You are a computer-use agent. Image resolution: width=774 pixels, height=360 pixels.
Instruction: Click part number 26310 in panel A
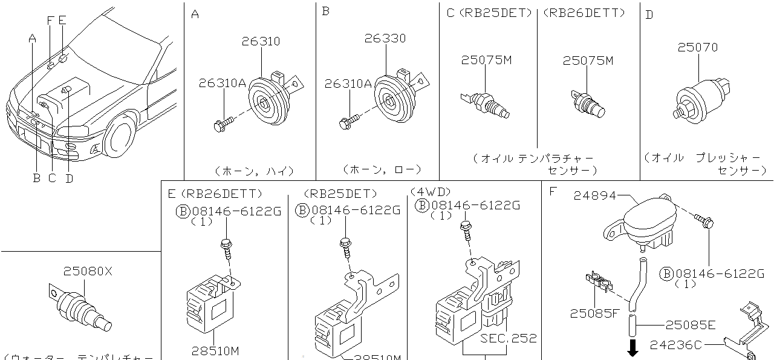click(x=261, y=42)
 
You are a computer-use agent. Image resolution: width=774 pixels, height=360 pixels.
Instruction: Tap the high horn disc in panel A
click(x=267, y=103)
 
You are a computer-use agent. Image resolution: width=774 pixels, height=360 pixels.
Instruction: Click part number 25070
click(x=697, y=47)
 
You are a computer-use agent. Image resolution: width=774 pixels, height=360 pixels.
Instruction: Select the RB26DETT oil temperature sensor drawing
click(x=588, y=103)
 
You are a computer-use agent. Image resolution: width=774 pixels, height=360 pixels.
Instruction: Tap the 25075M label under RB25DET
click(x=486, y=61)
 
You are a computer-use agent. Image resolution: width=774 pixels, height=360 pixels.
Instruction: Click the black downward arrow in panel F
click(x=633, y=348)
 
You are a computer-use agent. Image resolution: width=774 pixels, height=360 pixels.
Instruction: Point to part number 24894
click(x=595, y=195)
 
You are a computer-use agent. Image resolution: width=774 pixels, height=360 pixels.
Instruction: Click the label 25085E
click(x=690, y=325)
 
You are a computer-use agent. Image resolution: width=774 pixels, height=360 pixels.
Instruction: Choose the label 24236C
click(x=675, y=345)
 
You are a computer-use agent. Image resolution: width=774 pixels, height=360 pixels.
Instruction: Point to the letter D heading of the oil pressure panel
click(x=649, y=15)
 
